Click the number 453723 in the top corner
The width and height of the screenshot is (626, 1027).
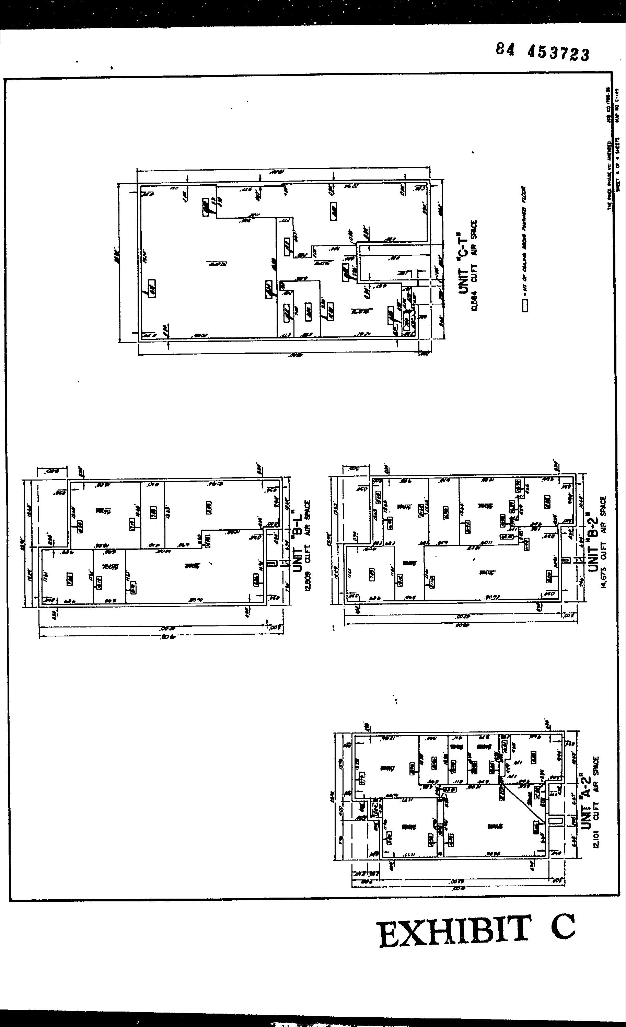558,53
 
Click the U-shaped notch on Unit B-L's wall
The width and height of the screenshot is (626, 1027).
272,563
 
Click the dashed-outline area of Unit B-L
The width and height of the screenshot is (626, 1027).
53,513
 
